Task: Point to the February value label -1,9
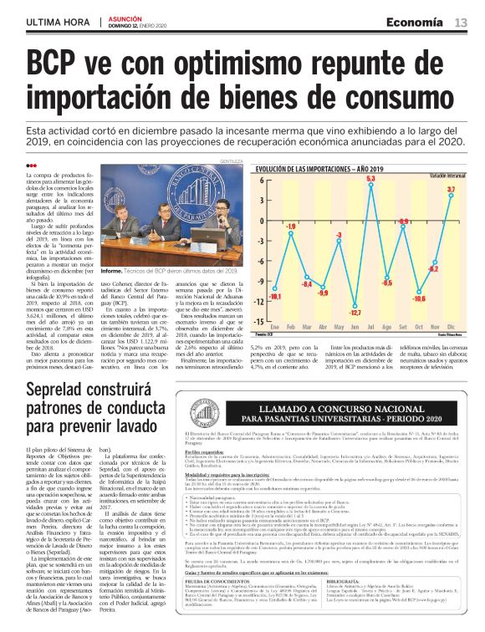pos(292,226)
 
